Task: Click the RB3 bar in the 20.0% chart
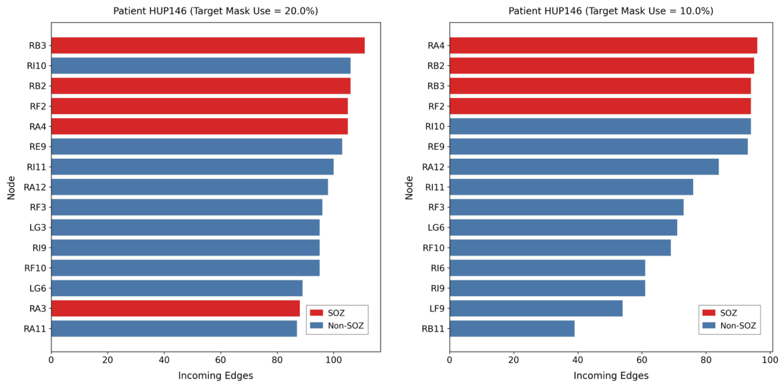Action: point(208,45)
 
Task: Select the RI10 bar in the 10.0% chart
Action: point(600,126)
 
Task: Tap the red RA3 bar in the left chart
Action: point(175,308)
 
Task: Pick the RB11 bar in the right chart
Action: point(512,328)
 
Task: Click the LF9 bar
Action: point(536,309)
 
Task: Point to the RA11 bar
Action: point(174,328)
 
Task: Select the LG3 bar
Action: point(185,228)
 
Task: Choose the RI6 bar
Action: point(547,268)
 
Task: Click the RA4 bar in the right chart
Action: point(603,45)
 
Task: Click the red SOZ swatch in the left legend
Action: point(317,312)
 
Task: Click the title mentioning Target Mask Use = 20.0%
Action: point(216,11)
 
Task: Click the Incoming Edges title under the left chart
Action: point(216,375)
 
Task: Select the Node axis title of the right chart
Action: point(409,187)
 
